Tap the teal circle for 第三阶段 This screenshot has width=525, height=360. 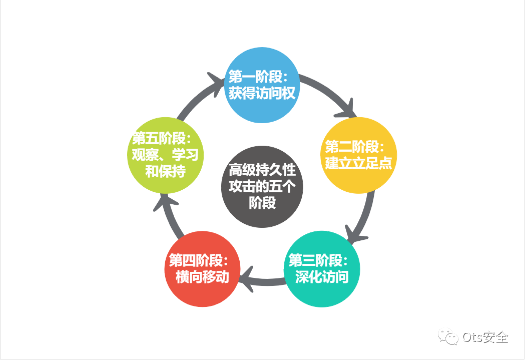322,269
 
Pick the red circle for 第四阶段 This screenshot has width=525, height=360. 203,269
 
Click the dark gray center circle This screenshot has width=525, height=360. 262,186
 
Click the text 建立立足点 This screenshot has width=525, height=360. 358,163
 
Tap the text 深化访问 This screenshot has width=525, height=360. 322,277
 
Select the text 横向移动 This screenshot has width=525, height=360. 203,277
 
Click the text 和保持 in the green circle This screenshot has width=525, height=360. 166,172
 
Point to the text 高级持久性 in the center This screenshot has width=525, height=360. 262,170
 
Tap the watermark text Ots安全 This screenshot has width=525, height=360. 485,337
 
